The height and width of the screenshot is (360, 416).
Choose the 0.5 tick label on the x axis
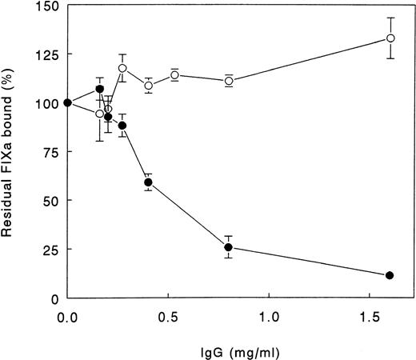click(168, 316)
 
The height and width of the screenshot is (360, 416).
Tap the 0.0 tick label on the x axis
click(68, 316)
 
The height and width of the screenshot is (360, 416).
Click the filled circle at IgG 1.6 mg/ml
click(390, 275)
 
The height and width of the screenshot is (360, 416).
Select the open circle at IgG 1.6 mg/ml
click(390, 38)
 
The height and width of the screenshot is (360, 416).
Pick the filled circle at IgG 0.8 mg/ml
click(229, 247)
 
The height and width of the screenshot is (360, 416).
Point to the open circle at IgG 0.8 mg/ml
click(229, 81)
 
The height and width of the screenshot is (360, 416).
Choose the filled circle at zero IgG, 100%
click(68, 102)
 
